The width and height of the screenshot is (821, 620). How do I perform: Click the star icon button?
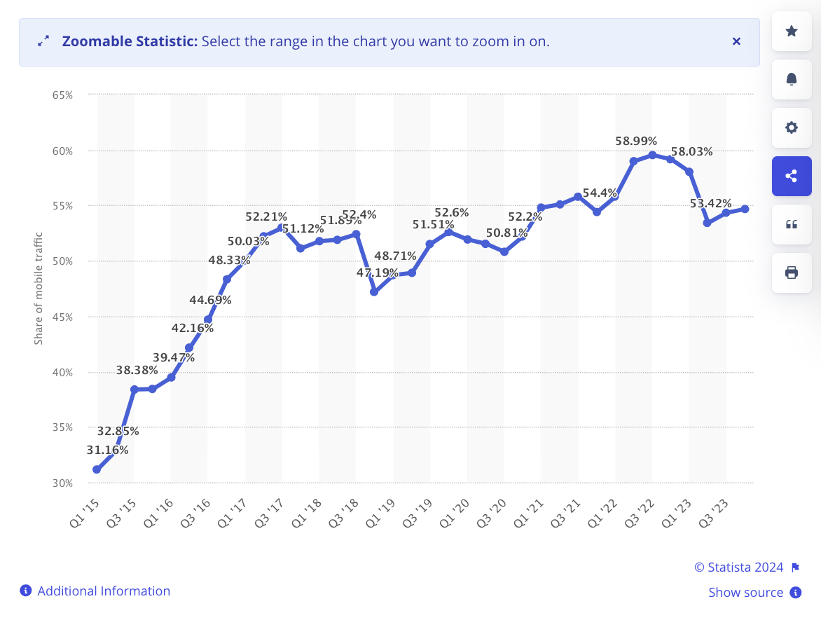792,31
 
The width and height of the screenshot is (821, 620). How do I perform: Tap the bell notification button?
792,79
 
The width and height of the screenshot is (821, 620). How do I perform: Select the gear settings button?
792,128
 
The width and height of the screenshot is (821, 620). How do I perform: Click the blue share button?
792,176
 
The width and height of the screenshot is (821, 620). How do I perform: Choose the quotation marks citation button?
792,224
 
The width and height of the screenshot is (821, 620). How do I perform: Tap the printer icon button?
792,273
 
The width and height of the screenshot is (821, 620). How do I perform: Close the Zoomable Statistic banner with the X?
736,41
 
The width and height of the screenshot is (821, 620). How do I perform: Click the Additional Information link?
104,591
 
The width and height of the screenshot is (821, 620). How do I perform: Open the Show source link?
745,593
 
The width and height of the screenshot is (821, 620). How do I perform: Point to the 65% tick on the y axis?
62,95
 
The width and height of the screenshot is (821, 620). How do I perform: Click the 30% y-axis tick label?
62,483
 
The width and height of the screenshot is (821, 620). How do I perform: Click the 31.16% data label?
107,450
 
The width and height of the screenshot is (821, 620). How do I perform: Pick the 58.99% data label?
636,141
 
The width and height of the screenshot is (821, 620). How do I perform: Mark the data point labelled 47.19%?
374,291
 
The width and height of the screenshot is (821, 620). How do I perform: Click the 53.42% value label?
710,203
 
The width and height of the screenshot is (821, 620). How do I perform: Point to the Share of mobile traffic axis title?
39,288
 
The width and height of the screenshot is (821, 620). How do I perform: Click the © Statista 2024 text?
739,567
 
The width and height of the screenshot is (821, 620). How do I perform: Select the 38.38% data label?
137,370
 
